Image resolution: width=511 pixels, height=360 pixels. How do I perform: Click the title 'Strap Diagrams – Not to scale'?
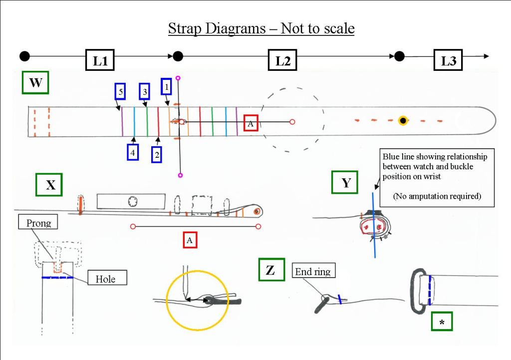[x=261, y=28]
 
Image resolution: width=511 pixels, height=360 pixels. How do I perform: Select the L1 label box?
[x=100, y=60]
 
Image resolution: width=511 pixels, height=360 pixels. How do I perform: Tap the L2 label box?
[x=283, y=60]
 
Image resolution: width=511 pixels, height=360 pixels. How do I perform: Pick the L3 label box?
[x=448, y=60]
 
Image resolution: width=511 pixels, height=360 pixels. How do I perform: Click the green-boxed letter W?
[x=35, y=83]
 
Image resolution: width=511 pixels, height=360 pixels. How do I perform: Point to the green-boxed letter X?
[x=50, y=185]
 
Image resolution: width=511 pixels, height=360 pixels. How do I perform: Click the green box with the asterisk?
[x=442, y=322]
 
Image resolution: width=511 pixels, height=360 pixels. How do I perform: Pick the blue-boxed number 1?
[x=167, y=86]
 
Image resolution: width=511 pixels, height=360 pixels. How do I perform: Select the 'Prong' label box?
[x=39, y=223]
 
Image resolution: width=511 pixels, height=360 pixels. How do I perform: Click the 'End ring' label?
[x=312, y=272]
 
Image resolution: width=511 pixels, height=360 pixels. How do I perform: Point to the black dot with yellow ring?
[x=403, y=121]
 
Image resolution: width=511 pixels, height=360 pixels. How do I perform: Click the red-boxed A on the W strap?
[x=251, y=123]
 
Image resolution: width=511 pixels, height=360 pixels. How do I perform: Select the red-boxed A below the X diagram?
[x=190, y=240]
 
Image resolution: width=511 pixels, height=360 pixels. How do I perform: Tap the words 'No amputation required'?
[x=437, y=196]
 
